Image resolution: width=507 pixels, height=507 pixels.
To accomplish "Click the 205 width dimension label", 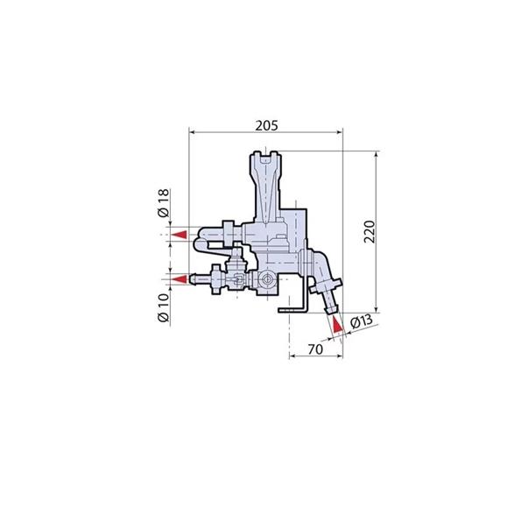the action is click(266, 125).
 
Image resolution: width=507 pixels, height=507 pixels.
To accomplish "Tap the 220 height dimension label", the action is click(370, 232).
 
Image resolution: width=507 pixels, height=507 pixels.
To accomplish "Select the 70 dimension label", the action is click(315, 349).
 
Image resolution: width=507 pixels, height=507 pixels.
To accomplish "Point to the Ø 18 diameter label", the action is click(164, 203).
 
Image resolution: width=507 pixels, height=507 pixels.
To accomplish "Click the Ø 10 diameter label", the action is click(164, 308).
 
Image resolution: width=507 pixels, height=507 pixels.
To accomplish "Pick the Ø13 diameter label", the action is click(362, 321).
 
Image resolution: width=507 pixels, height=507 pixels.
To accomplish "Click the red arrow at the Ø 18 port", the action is click(180, 235).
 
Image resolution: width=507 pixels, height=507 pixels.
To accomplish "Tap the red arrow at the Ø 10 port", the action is click(180, 279).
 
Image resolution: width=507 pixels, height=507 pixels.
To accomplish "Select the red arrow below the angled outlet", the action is click(337, 325).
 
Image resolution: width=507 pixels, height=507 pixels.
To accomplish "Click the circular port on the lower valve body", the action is click(267, 278).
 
